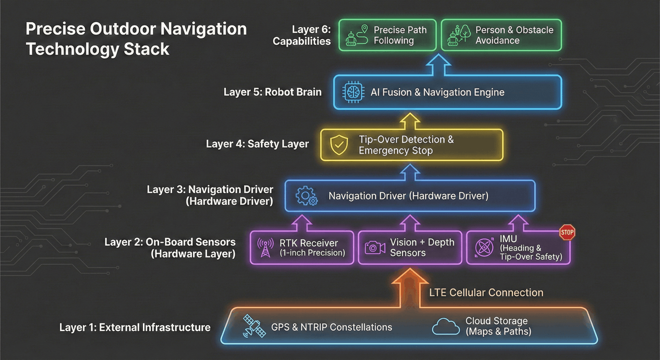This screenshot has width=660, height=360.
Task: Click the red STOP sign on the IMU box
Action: point(567,232)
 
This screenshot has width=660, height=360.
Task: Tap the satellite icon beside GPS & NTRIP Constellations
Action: point(254,326)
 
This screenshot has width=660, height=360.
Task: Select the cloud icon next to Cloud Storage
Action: point(446,326)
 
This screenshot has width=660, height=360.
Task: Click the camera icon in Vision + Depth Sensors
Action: point(375,247)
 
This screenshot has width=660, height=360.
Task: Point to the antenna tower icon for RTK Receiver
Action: point(265,248)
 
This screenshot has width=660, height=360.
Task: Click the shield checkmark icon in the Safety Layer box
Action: point(339,145)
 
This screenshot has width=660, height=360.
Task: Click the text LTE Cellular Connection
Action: point(486,293)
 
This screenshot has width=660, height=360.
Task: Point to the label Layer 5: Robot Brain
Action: point(272,92)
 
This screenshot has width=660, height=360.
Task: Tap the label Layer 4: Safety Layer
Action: point(257,144)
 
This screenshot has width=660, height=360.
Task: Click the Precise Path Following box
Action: point(387,35)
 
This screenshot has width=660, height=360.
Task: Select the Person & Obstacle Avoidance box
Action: point(501,35)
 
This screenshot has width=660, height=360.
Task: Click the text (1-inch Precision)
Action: point(312,253)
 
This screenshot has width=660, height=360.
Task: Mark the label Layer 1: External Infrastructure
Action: point(135,327)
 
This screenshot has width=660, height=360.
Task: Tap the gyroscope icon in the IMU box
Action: point(484,247)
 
